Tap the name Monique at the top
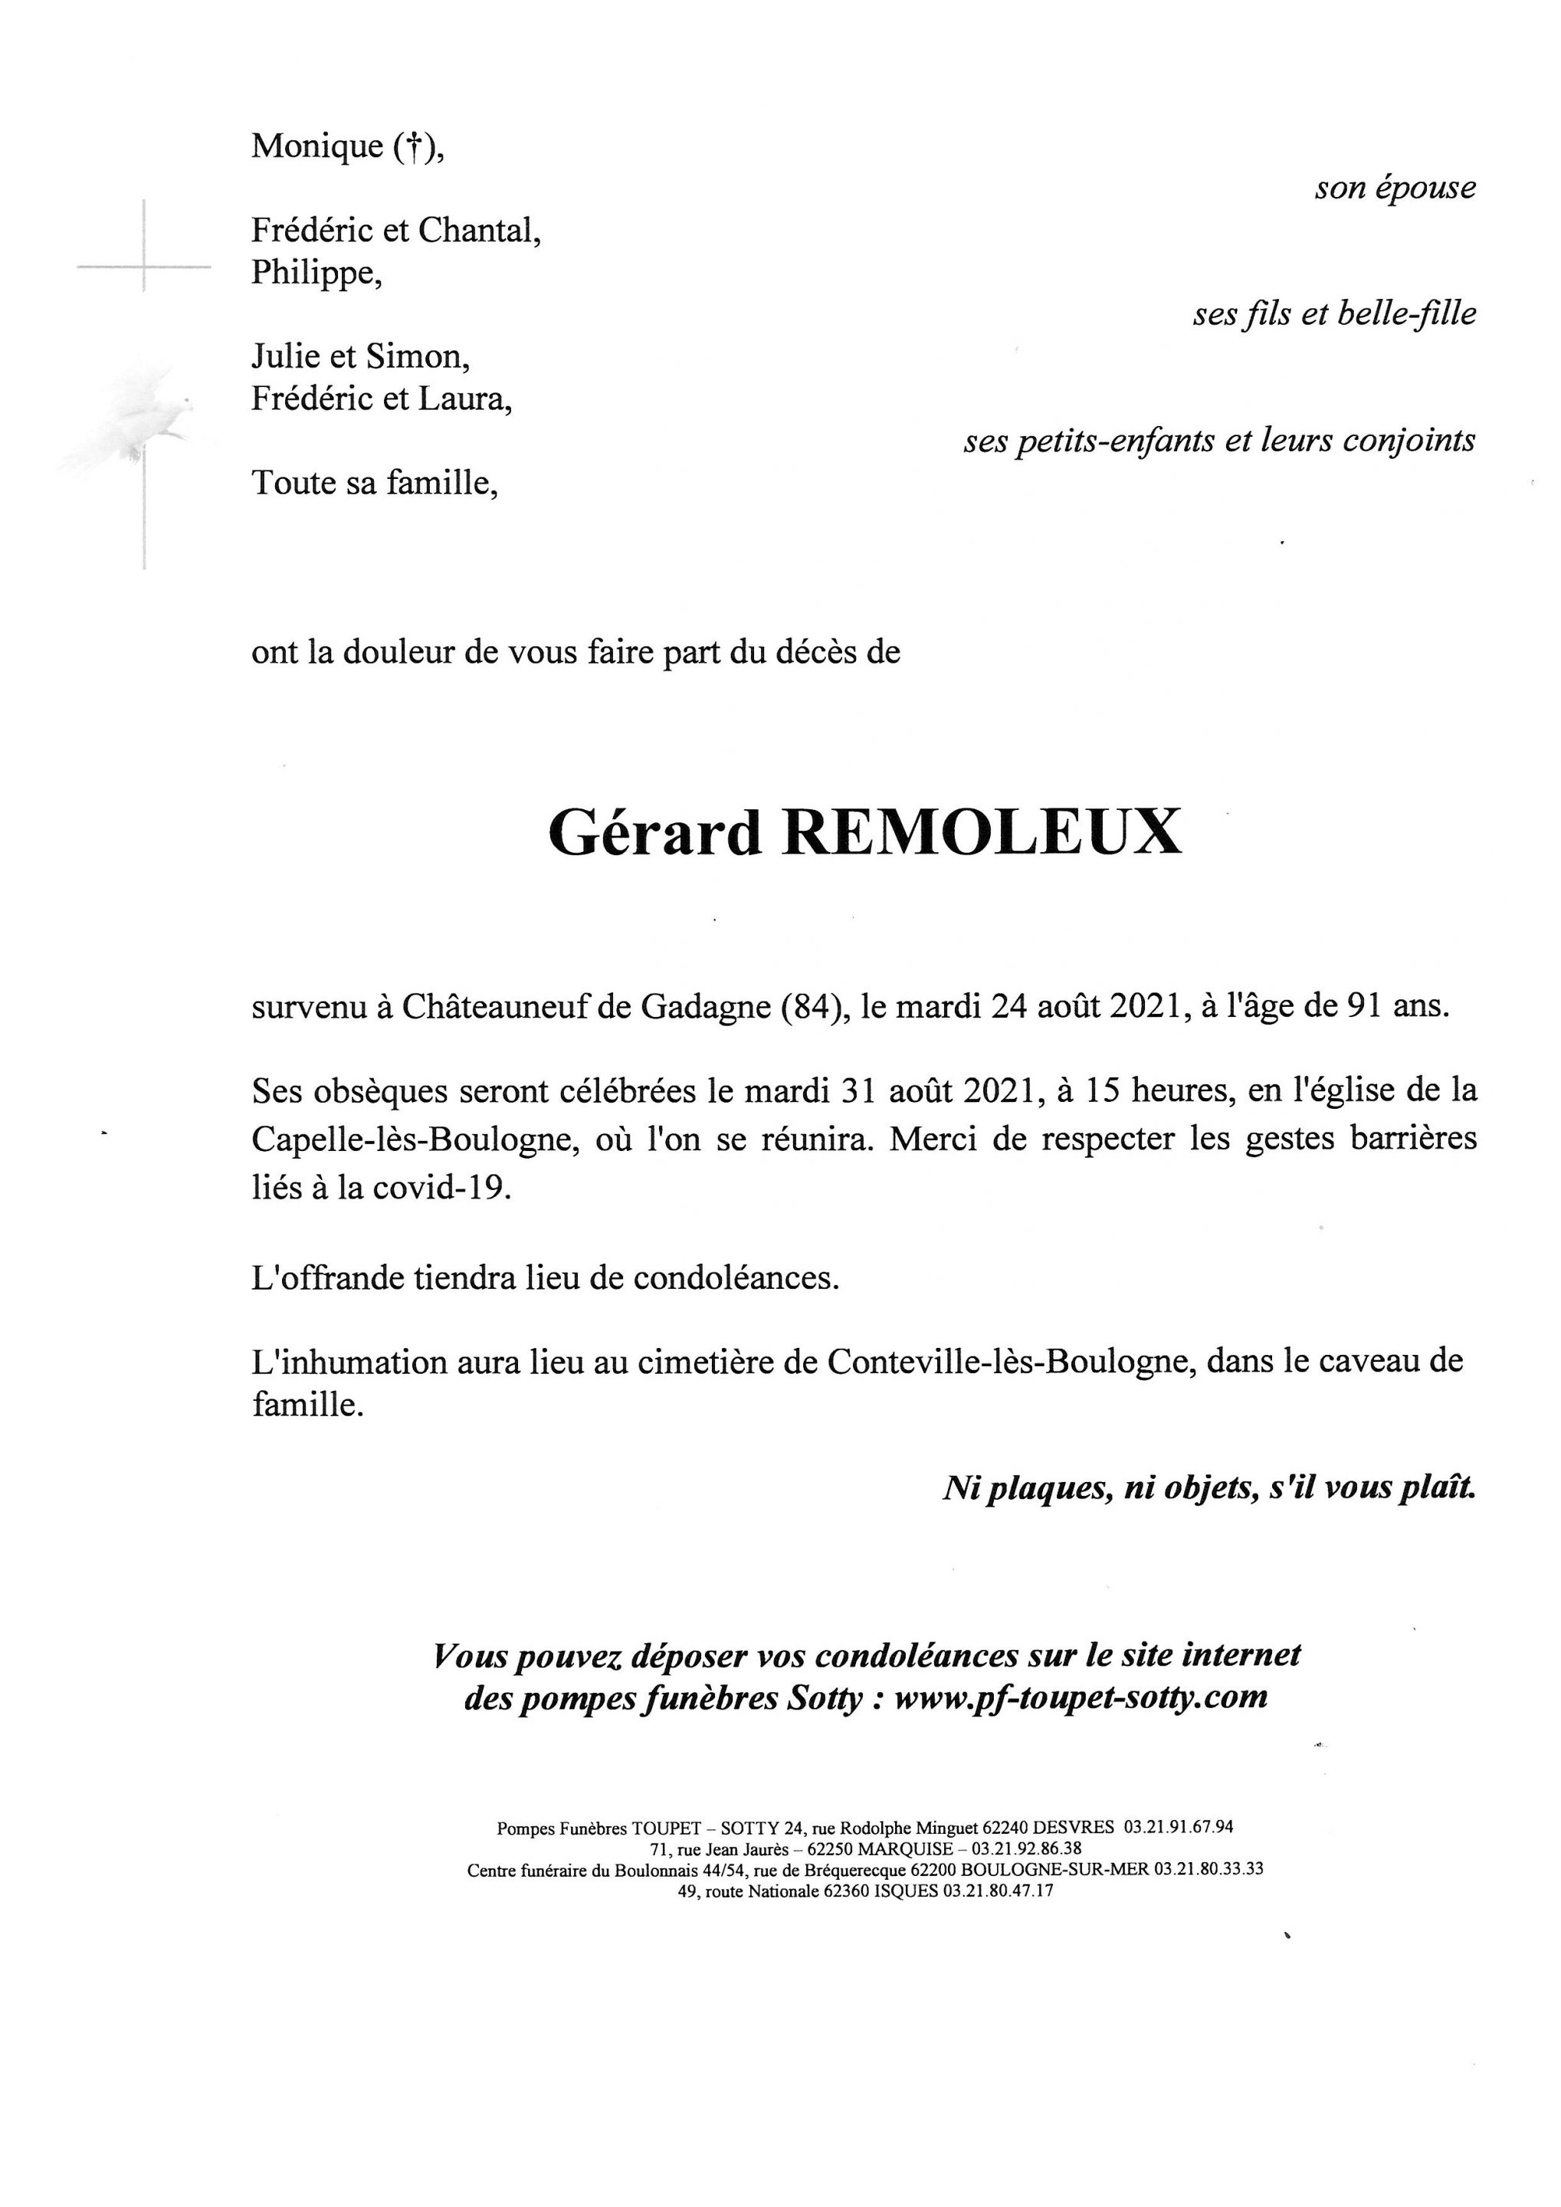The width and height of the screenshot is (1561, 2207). (x=317, y=146)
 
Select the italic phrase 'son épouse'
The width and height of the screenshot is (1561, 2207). (x=1395, y=189)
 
